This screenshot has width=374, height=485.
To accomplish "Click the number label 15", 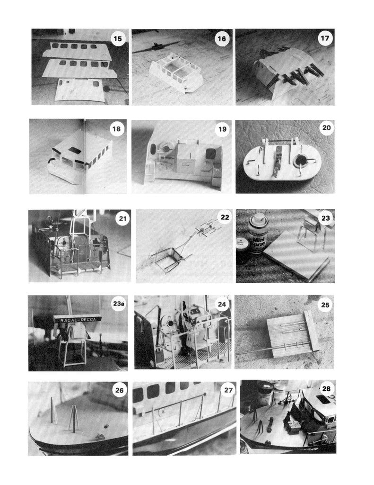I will point(118,38).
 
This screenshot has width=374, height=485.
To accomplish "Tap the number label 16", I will point(221,39).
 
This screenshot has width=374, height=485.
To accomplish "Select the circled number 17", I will point(325,38).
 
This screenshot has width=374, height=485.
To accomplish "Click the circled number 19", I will point(221,129).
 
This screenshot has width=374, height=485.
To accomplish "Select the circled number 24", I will point(221,304).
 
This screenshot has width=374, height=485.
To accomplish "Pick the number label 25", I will point(325,305).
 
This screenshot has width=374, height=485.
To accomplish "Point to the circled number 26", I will point(119,390).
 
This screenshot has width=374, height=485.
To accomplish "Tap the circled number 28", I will point(326,389).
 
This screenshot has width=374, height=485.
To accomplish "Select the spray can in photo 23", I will point(258,233).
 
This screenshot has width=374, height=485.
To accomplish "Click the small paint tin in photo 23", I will point(243,245).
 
